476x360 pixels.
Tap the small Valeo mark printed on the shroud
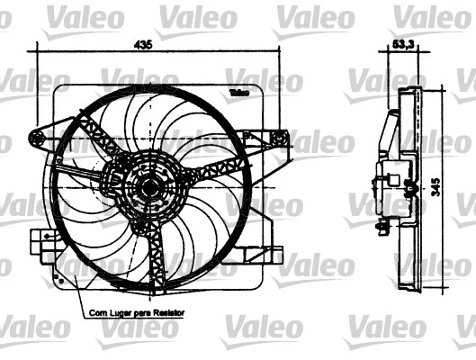click(x=238, y=92)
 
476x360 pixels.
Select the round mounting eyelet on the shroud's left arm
click(x=38, y=137)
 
